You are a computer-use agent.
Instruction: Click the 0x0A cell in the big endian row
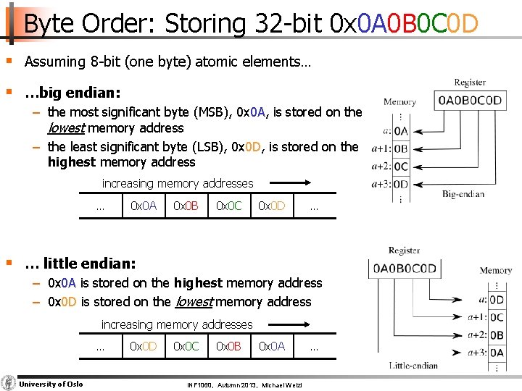(x=143, y=206)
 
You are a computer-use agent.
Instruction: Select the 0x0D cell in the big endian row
(x=272, y=206)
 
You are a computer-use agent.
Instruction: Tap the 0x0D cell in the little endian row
(x=143, y=346)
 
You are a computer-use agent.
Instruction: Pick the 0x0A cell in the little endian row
(x=272, y=346)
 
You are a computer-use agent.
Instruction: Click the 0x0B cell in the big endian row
(x=186, y=206)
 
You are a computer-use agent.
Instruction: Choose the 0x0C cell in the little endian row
(x=186, y=346)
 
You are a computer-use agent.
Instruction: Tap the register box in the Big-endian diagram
(x=469, y=100)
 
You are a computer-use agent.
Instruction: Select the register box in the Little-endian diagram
(x=405, y=269)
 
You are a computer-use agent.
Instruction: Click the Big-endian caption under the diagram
(x=463, y=194)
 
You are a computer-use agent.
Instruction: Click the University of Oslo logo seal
(x=9, y=383)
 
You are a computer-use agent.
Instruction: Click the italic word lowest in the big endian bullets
(x=65, y=128)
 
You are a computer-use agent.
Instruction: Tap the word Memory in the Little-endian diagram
(x=496, y=271)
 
